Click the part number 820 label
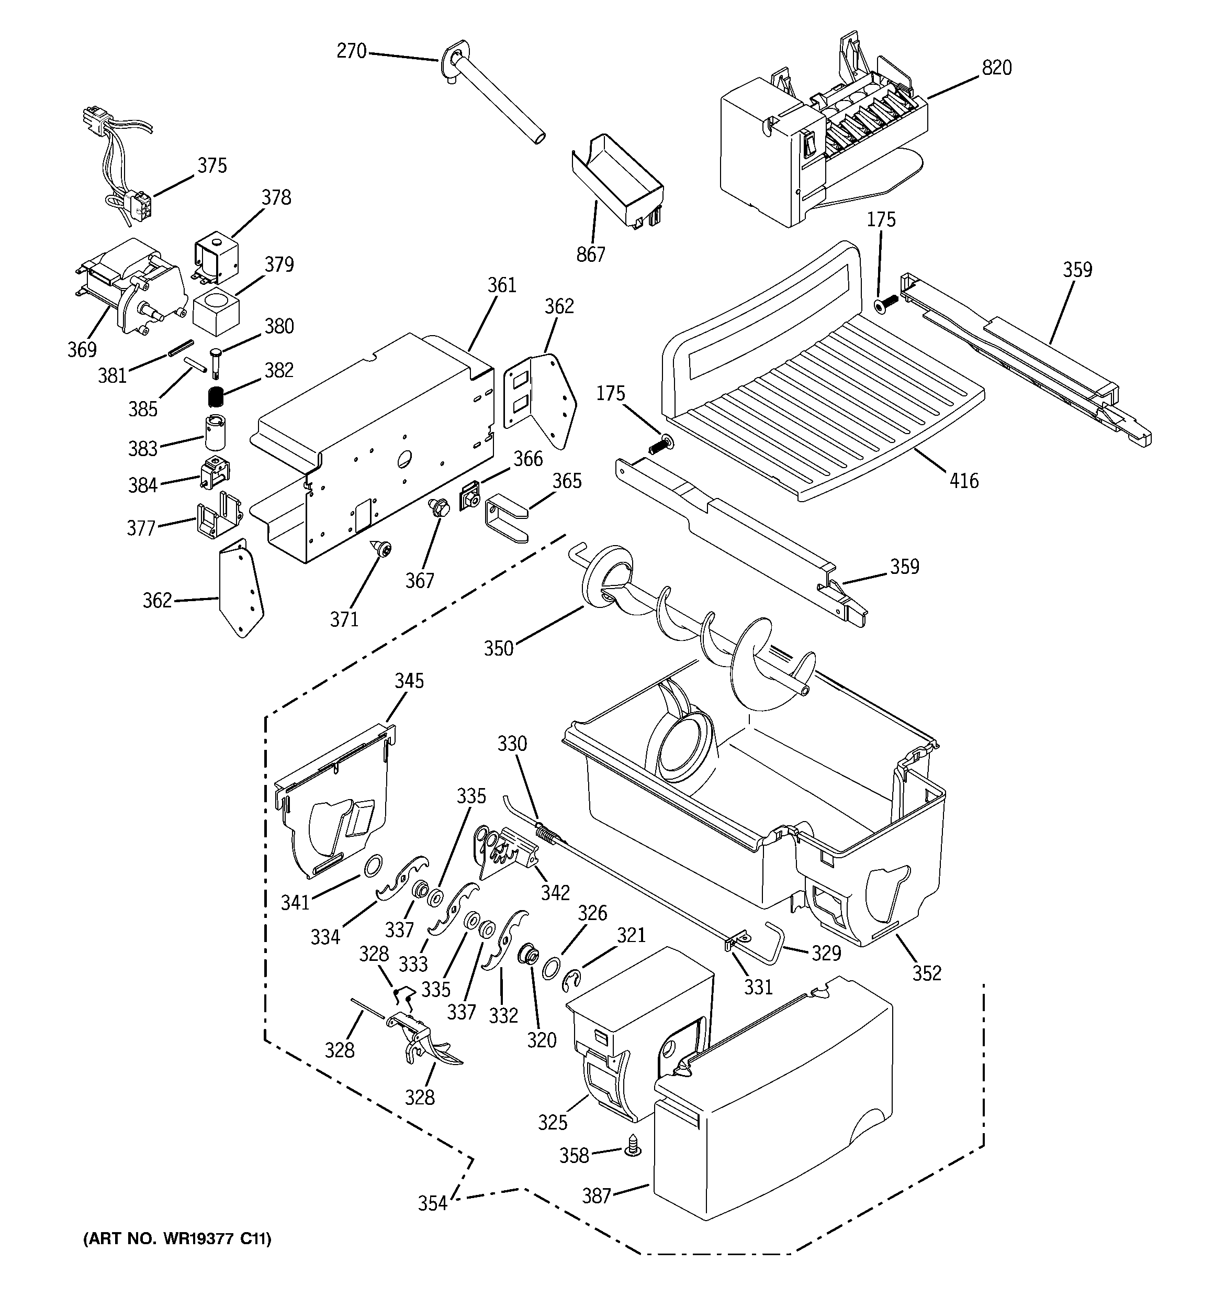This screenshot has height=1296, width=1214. (996, 67)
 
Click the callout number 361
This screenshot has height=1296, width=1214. (501, 285)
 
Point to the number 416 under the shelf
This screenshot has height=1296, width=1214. (964, 481)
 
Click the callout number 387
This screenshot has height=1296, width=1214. (595, 1195)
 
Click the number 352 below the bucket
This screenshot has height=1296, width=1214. (927, 973)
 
